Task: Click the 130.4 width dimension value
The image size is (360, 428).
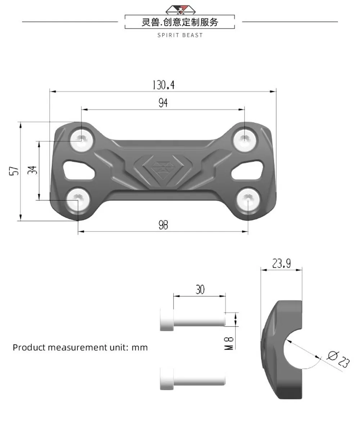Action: point(163,85)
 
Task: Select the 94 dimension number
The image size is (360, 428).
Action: point(163,103)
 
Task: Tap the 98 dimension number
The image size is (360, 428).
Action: point(163,225)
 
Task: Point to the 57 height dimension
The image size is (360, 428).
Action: point(14,171)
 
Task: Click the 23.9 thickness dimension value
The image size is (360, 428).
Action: point(282,263)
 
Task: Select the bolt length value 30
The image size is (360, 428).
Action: point(200,289)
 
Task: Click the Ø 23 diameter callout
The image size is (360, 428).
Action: point(338,360)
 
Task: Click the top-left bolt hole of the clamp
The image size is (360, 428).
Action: point(82,139)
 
